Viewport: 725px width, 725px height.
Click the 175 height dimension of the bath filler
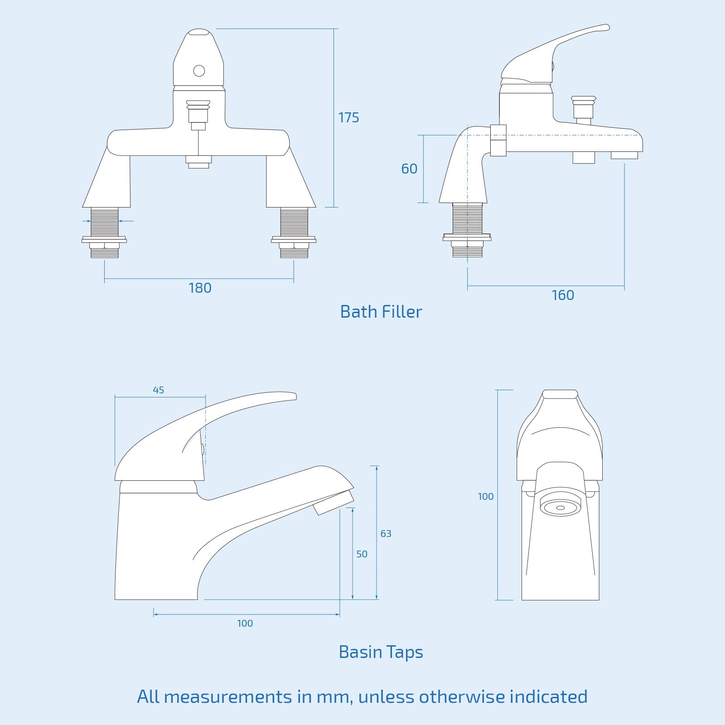[x=348, y=118]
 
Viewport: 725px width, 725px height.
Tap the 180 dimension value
[x=200, y=288]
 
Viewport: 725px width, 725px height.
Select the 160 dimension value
[x=563, y=295]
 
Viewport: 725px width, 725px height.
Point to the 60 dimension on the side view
[x=409, y=169]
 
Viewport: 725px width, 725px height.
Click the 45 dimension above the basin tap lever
[x=158, y=390]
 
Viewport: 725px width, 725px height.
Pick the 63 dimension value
[x=386, y=534]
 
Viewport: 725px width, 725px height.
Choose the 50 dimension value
[x=362, y=554]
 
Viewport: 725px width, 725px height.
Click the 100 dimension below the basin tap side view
[x=245, y=623]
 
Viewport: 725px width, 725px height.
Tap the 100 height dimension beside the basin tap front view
[x=485, y=497]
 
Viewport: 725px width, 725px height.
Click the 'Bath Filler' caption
[x=381, y=312]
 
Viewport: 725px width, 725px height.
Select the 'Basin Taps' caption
[x=381, y=652]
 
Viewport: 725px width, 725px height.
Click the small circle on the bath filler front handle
[x=199, y=71]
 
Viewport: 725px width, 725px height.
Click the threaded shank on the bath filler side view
[x=468, y=218]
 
